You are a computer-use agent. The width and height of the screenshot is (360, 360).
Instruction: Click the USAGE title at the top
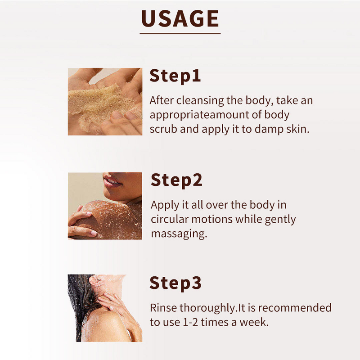tap(180, 18)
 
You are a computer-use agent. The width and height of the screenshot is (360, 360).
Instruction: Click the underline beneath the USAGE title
tap(180, 33)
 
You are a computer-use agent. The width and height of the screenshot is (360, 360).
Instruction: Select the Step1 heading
tap(175, 76)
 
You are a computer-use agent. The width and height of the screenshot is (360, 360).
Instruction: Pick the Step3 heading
tap(175, 283)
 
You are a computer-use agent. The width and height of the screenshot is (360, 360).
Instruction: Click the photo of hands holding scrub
tap(105, 101)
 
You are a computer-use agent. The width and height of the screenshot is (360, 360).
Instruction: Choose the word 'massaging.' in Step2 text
tap(179, 234)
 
